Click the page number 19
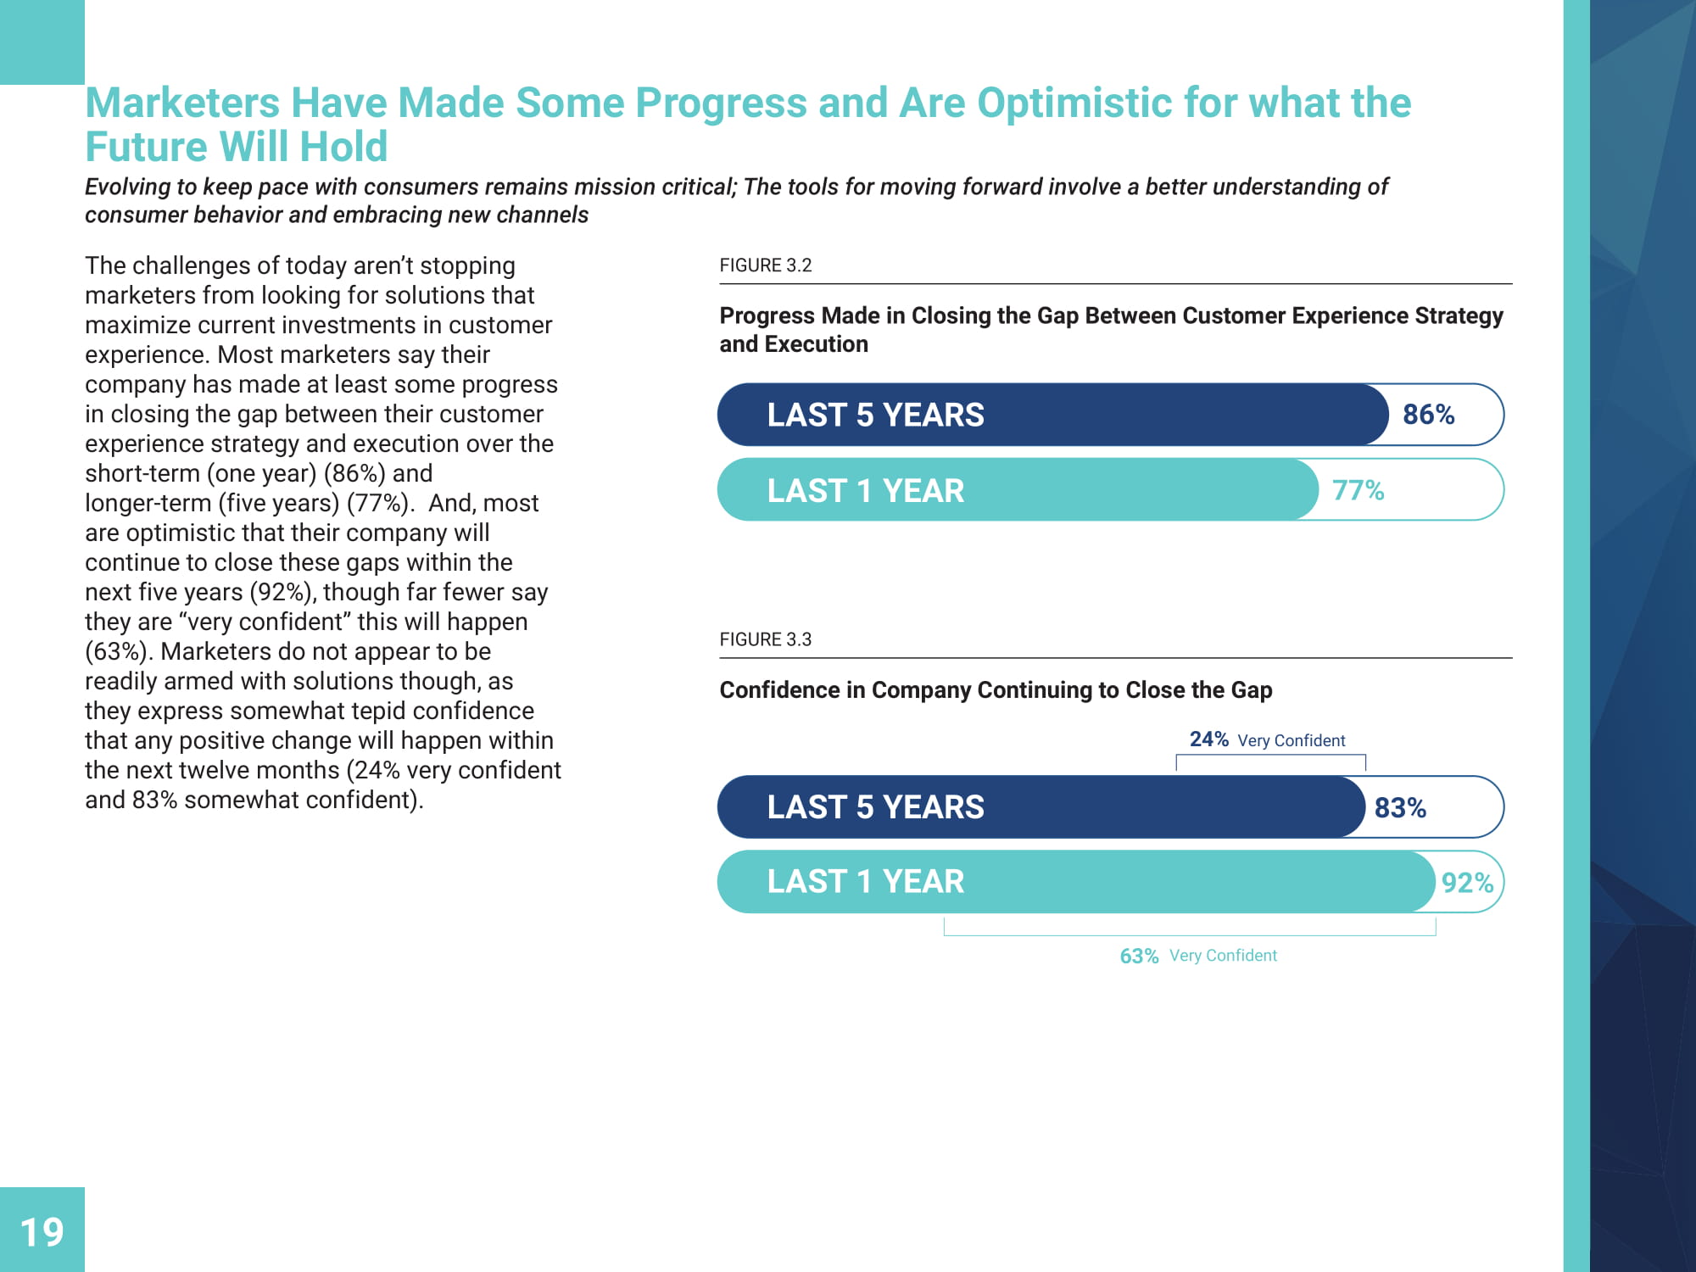coord(42,1232)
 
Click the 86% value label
coord(1428,415)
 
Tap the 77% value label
coord(1358,490)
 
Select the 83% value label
coord(1400,807)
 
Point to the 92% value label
coord(1467,883)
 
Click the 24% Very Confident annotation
coord(1267,739)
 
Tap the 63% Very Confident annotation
coord(1197,956)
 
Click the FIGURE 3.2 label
coord(765,265)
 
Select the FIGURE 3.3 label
coord(765,639)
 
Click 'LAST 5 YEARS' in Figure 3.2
coord(875,415)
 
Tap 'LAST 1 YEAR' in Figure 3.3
coord(865,882)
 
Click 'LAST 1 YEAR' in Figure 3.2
coord(865,490)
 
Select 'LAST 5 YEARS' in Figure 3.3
coord(875,807)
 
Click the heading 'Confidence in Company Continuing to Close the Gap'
coord(996,690)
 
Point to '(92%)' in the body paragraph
coord(282,592)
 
